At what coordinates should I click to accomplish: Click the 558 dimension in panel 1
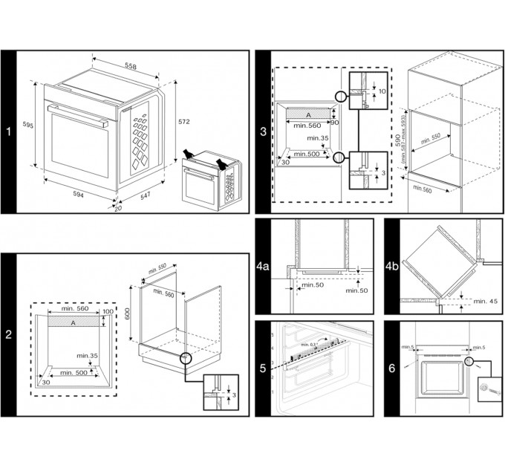pos(131,66)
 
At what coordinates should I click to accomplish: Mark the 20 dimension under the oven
pos(117,209)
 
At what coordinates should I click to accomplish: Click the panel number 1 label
pos(8,132)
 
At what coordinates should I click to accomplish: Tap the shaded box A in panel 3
pos(308,116)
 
